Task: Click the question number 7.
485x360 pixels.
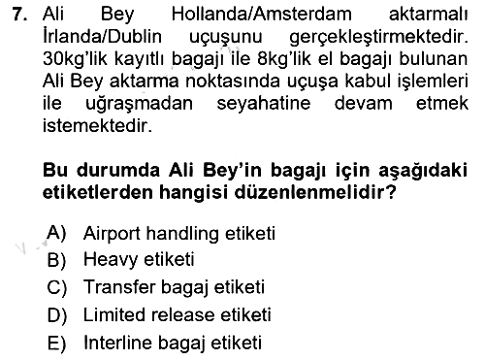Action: tap(20, 15)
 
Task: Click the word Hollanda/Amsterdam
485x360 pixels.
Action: tap(261, 15)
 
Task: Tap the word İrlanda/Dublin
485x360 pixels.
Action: tap(102, 36)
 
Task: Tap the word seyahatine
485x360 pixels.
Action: tap(264, 104)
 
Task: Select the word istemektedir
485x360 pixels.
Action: tap(97, 125)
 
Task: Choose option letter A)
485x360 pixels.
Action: tap(56, 234)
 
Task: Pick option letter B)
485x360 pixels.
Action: tap(57, 260)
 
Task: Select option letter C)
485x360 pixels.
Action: tap(57, 287)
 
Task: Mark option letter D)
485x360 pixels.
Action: tap(57, 315)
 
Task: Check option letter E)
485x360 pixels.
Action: tap(57, 344)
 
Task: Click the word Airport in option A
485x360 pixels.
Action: tap(112, 234)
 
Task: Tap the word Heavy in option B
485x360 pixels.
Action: tap(111, 260)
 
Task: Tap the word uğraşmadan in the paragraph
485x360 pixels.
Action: tap(139, 105)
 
